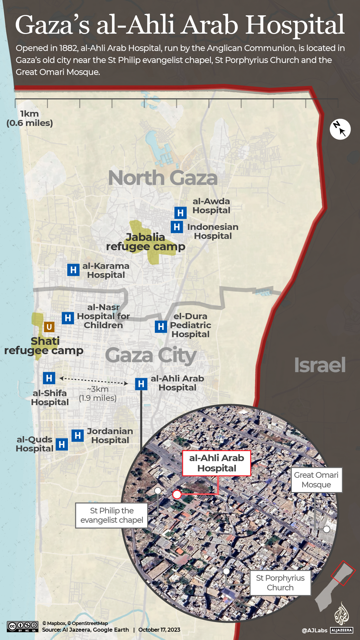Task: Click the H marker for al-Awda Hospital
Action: (x=180, y=213)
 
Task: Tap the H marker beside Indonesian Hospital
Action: (x=177, y=227)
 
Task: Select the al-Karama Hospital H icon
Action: (x=73, y=270)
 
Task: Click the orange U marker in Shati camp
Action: (x=49, y=327)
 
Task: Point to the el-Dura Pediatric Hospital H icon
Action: (x=161, y=326)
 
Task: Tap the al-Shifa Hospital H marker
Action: (x=49, y=378)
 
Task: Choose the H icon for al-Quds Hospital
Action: (x=62, y=444)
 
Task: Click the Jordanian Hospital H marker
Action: (x=78, y=435)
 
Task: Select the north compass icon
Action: (x=340, y=129)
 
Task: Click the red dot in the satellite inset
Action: (x=177, y=494)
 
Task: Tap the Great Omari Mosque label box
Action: (x=316, y=480)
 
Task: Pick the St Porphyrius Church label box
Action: (x=280, y=583)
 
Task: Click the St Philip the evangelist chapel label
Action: (x=112, y=515)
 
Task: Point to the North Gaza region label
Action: (x=163, y=178)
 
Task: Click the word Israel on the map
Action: (x=320, y=365)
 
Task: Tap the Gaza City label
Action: (x=151, y=355)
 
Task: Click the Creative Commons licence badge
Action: (x=23, y=626)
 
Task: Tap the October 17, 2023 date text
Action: (x=159, y=630)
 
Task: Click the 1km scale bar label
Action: (x=30, y=118)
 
